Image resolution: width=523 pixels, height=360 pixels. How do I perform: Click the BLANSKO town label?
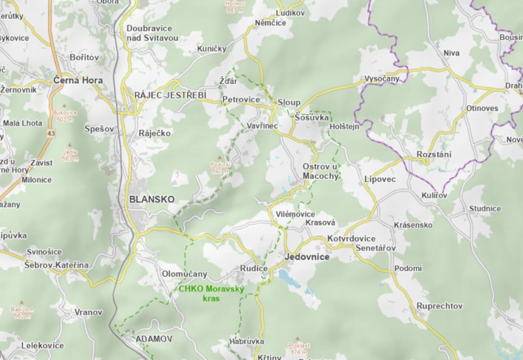151,199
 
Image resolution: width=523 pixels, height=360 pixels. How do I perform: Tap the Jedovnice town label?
307,257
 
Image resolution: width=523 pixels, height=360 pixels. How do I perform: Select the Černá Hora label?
78,81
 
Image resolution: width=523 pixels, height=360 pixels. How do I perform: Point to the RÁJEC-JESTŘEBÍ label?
170,95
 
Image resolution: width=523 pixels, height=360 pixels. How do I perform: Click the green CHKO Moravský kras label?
211,293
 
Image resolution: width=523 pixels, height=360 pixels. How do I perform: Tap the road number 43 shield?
51,134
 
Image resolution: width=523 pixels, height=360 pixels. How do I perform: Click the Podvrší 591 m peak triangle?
220,158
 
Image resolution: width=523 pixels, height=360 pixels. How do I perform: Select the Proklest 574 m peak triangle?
298,338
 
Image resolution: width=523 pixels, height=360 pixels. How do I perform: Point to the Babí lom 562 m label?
23,313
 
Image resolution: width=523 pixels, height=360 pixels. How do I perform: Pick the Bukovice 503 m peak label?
65,116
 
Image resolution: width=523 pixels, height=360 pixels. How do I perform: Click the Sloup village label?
289,102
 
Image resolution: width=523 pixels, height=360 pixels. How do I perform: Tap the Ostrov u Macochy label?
320,171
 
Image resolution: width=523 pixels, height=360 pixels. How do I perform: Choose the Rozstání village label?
434,154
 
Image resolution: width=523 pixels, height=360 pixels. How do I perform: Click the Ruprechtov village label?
439,306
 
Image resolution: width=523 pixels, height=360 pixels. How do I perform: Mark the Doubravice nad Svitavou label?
152,33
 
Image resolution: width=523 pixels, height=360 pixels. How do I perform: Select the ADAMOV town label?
148,338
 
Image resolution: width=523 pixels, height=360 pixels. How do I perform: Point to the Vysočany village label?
382,79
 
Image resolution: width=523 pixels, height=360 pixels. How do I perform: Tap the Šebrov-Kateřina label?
57,265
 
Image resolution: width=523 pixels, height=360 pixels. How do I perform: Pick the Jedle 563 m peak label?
70,155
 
